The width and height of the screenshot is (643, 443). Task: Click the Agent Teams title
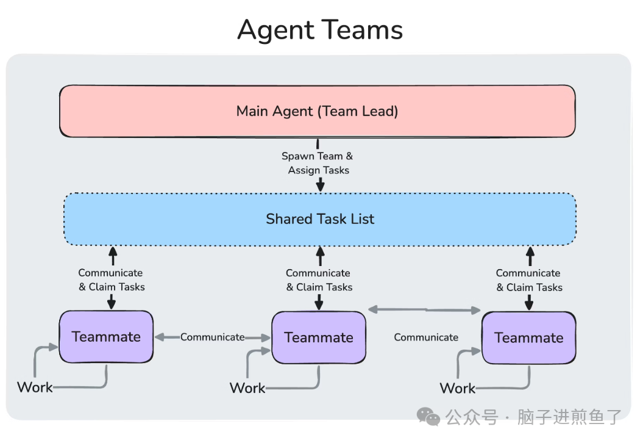point(320,30)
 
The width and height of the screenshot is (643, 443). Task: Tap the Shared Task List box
point(320,218)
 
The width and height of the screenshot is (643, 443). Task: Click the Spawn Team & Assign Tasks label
point(318,164)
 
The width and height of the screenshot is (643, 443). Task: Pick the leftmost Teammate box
point(106,336)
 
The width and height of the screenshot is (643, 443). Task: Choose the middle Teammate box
point(319,337)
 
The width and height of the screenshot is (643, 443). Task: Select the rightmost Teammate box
point(528,337)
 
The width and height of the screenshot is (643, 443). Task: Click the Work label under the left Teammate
point(35,387)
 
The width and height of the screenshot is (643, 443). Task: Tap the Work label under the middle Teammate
point(247,387)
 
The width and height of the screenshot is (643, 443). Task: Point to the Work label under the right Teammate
point(458,388)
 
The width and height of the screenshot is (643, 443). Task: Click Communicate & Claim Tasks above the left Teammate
point(111,280)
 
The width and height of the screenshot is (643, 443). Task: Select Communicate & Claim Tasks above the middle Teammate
point(319,280)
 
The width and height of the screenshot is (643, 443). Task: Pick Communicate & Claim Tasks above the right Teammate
point(528,280)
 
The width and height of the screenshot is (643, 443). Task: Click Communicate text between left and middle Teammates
point(212,337)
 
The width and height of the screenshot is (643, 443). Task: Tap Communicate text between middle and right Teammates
point(426,337)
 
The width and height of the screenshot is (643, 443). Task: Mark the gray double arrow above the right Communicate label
point(425,310)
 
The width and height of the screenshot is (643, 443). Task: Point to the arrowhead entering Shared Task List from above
point(319,186)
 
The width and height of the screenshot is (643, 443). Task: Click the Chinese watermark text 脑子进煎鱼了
point(569,417)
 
